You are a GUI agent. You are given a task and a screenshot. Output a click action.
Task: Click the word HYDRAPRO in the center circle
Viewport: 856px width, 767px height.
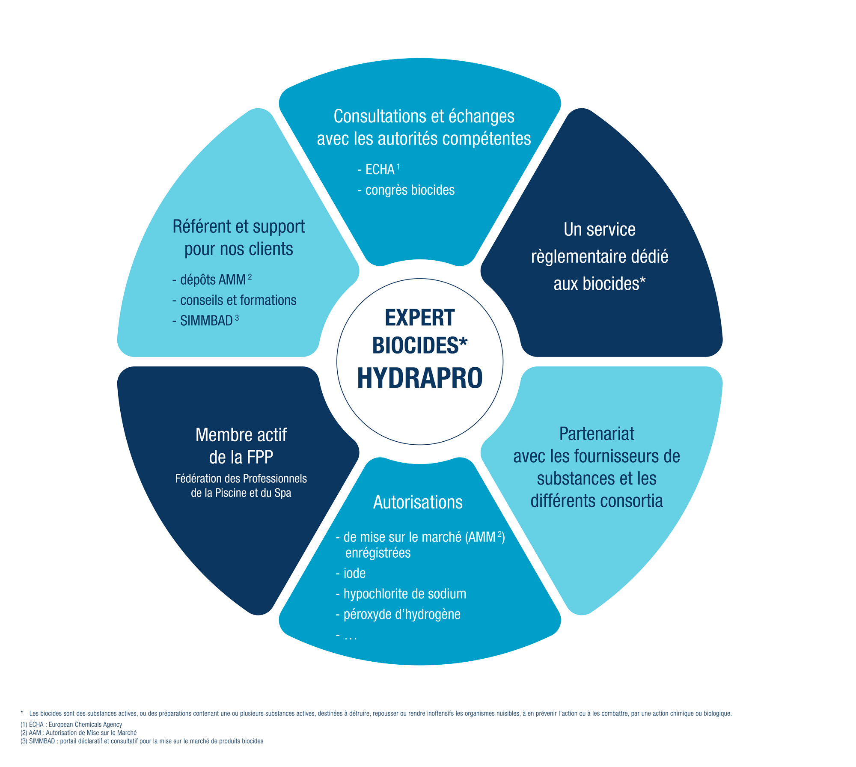(419, 378)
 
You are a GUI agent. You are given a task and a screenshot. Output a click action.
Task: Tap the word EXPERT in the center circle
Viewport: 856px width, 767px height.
(419, 318)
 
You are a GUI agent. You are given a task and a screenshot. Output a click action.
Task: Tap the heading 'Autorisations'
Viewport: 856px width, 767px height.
(418, 502)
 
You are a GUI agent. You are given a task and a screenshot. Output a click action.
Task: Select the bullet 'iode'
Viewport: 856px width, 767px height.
(354, 574)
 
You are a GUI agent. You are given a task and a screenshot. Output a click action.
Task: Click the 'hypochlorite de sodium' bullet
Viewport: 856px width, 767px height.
(404, 594)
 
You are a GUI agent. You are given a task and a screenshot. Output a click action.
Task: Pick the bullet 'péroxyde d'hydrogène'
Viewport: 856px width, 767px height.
(402, 615)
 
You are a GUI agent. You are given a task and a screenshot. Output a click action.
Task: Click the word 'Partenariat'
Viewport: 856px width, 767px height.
(597, 434)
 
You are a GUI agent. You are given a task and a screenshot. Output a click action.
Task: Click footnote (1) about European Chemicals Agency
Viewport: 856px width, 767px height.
(71, 725)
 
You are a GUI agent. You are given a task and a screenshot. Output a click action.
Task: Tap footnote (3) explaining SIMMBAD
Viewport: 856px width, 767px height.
(142, 741)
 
